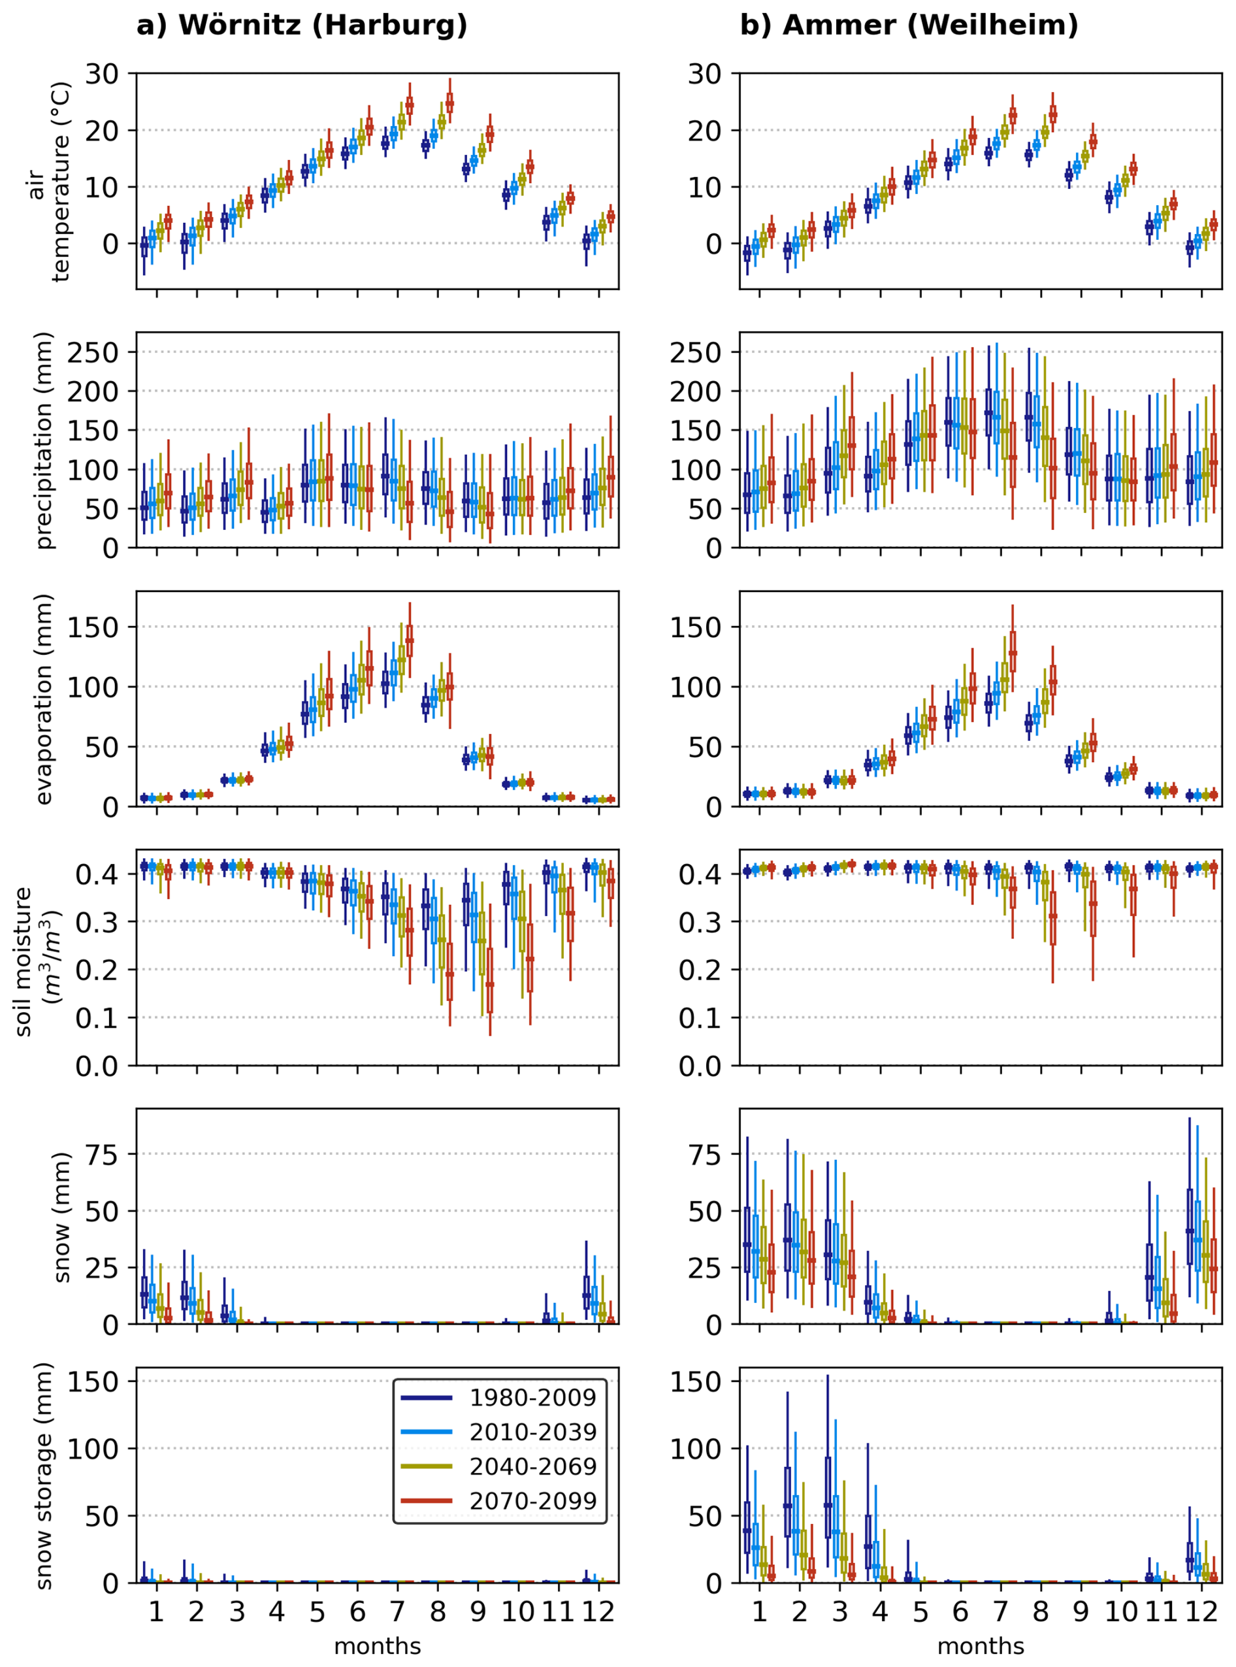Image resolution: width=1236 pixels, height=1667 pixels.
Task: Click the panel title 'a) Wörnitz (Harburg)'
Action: click(x=302, y=25)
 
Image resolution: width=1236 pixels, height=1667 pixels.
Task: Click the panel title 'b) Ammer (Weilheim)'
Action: click(x=909, y=25)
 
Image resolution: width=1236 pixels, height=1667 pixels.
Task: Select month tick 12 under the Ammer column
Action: click(x=1201, y=1611)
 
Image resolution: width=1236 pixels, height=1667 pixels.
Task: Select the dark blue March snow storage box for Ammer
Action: click(x=828, y=1500)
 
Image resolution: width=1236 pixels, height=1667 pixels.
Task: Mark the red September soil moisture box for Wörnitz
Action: click(x=489, y=981)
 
